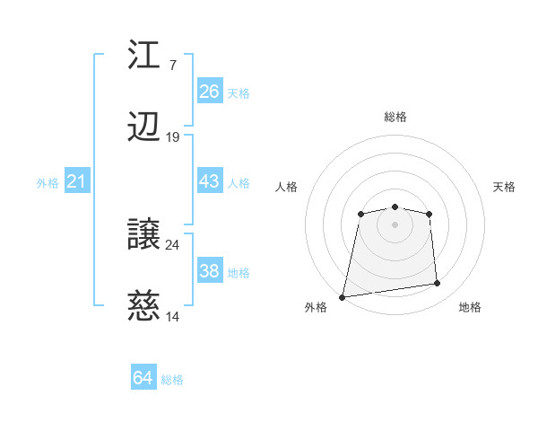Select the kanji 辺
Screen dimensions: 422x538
[x=144, y=127]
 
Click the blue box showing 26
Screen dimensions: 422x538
[x=209, y=92]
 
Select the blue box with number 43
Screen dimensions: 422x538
[x=209, y=181]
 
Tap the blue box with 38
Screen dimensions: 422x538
[x=209, y=271]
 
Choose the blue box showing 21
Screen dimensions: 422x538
[x=76, y=182]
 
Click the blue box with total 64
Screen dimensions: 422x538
[x=143, y=378]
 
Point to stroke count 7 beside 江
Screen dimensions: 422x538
[x=172, y=66]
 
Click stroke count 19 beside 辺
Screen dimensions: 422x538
[x=173, y=137]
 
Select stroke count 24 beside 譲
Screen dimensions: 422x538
[x=173, y=244]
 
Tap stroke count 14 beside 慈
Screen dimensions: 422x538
[x=173, y=317]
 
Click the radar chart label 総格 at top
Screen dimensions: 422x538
[x=395, y=117]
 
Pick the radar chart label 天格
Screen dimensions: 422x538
[x=504, y=187]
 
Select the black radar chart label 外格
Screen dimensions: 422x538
[x=316, y=308]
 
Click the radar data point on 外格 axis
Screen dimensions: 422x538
[x=343, y=296]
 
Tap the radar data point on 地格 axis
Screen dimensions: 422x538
[x=438, y=284]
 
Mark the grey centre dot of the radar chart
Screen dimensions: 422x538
[x=395, y=224]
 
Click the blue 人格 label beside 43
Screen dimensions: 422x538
[x=239, y=183]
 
